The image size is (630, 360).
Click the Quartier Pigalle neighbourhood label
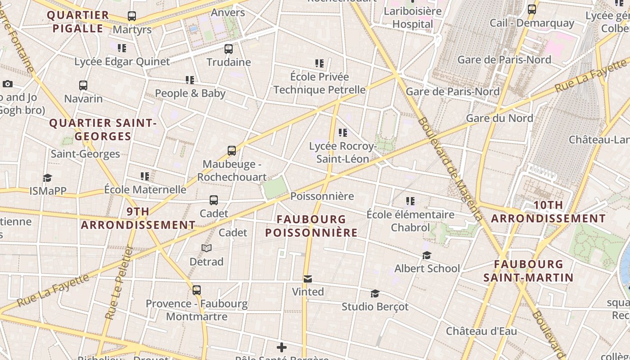coord(78,22)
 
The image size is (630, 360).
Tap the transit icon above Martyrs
coord(132,16)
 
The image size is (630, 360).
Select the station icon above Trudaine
coord(229,49)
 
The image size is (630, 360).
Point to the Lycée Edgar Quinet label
coord(122,62)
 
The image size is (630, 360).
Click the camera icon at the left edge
coord(7,84)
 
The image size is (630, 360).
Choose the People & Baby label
coord(190,93)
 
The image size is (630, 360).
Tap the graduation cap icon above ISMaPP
coord(47,178)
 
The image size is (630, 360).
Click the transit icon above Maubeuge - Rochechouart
coord(232,151)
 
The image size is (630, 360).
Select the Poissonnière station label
coord(322,196)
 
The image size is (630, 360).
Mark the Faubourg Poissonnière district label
coord(311,226)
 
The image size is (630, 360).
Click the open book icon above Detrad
coord(207,248)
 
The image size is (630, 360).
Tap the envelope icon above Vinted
coord(308,279)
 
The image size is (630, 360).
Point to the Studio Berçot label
coord(375,307)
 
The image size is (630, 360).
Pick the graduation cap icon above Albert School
coord(427,256)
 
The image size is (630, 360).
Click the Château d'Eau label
coord(481,331)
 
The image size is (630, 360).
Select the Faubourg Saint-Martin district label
coord(528,270)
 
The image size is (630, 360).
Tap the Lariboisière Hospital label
coord(413,18)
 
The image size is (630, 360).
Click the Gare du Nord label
coord(499,118)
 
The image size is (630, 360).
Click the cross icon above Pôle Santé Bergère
coord(282,347)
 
